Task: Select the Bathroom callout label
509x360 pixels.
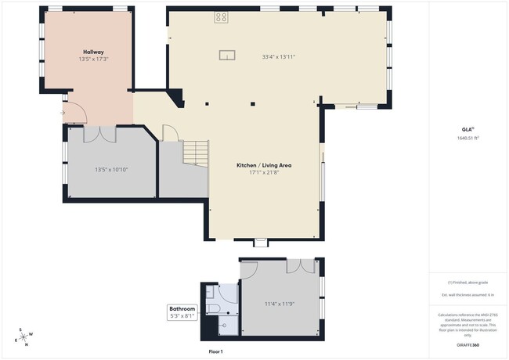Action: (x=182, y=309)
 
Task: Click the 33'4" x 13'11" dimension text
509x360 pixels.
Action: (x=278, y=56)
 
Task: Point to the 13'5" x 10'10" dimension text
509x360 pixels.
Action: (x=110, y=170)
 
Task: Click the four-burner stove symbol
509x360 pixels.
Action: (x=222, y=16)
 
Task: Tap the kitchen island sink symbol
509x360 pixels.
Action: (x=227, y=54)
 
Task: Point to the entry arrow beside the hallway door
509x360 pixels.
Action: (x=63, y=113)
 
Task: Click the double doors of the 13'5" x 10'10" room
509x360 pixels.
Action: (x=100, y=134)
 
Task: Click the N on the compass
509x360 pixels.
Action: (x=27, y=344)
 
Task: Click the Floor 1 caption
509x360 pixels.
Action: (x=216, y=351)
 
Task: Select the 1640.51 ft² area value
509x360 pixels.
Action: (x=467, y=138)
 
